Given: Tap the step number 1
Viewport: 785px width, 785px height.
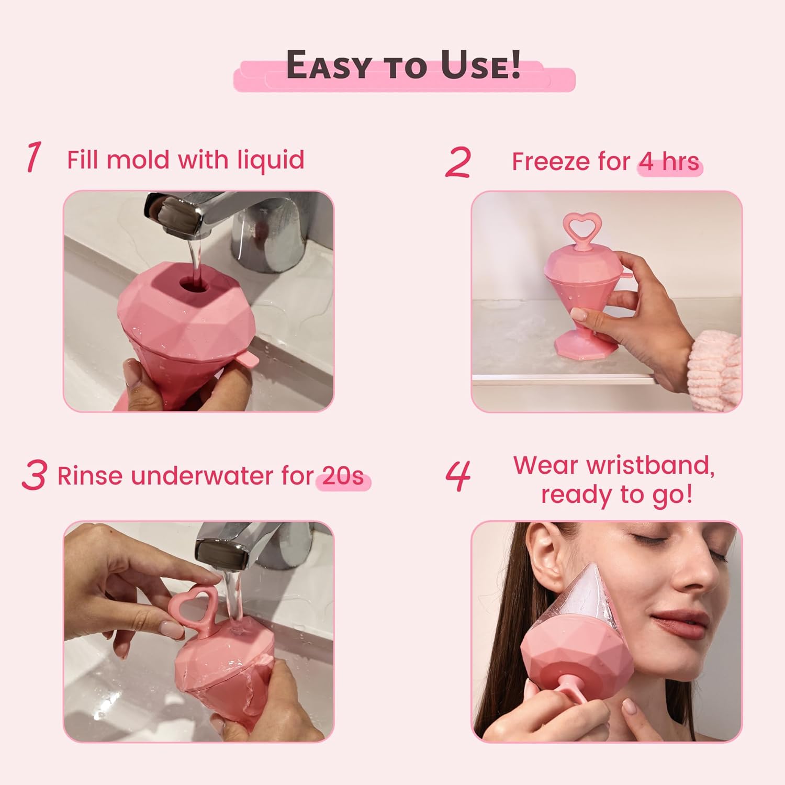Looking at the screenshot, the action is pos(33,157).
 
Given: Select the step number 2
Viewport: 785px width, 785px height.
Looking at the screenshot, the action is pos(458,162).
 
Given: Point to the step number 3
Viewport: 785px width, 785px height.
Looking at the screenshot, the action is pos(35,475).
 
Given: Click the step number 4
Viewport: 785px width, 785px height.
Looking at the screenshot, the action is pos(458,476).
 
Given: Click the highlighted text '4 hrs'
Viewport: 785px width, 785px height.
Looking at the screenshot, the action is pos(669,162).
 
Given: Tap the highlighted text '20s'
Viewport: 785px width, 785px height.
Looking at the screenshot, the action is pos(343,476).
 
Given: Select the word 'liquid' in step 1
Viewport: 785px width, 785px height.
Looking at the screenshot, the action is pos(271,160).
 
